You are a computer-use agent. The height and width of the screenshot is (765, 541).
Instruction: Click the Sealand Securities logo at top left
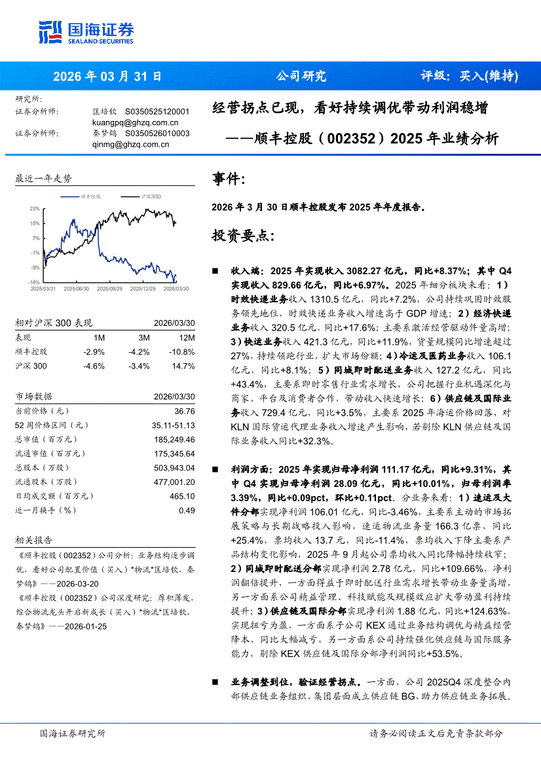[x=86, y=32]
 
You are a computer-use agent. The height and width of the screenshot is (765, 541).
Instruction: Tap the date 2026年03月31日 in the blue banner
[x=107, y=76]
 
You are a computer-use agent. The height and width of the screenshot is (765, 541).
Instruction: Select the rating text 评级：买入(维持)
[x=469, y=76]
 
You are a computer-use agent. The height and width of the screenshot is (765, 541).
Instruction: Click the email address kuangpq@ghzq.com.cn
[x=136, y=122]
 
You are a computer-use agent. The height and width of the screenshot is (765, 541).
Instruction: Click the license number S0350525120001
[x=157, y=112]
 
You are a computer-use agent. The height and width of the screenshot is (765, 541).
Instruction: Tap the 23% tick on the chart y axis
[x=35, y=208]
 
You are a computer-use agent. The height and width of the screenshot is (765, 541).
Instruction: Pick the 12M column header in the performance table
[x=187, y=338]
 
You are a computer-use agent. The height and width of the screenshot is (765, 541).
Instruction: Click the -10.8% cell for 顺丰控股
[x=183, y=352]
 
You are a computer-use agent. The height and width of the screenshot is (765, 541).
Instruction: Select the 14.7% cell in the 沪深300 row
[x=184, y=366]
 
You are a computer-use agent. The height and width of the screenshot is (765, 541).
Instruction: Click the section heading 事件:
[x=229, y=179]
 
